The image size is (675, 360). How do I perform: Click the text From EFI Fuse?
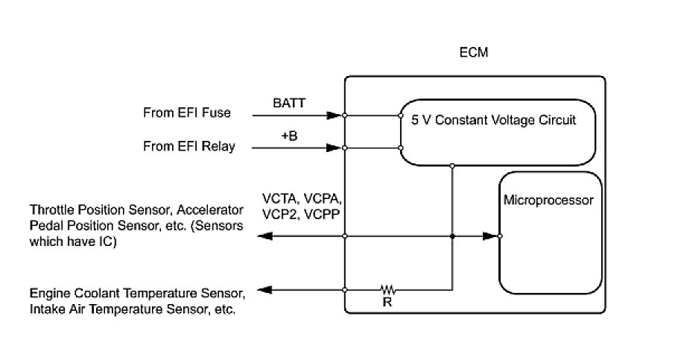coord(186,113)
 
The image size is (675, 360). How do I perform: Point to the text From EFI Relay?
coord(188,146)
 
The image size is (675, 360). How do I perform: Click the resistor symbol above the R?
coord(387,289)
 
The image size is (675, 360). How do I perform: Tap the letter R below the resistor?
coord(386,303)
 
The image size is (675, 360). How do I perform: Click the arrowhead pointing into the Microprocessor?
coord(489,236)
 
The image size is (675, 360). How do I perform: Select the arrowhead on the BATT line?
coord(334,115)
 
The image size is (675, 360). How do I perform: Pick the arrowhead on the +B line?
coord(334,148)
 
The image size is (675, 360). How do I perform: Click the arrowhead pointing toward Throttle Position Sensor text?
coord(263,236)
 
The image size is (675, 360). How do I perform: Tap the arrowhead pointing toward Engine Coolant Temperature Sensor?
coord(263,289)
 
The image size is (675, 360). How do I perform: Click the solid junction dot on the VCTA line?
coord(452,236)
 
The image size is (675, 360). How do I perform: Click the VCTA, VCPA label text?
coord(305,200)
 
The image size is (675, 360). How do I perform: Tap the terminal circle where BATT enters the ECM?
coord(345,116)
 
